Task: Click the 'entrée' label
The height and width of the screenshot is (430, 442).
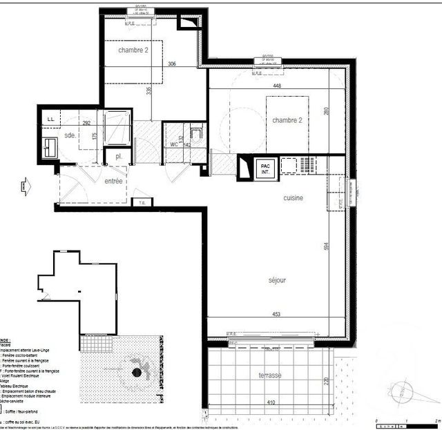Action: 113,181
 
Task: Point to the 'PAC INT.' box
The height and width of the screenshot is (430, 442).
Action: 265,168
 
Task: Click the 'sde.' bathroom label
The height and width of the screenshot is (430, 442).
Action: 70,136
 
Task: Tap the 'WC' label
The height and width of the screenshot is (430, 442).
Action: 174,144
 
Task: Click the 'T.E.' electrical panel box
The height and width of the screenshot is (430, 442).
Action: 142,202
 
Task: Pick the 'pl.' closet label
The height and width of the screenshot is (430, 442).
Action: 119,157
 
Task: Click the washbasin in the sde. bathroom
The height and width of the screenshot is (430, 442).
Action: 50,146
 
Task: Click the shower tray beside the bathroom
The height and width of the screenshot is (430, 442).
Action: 116,127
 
